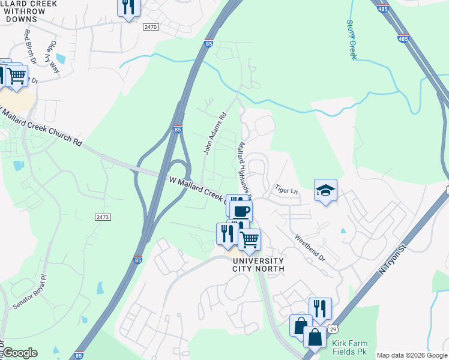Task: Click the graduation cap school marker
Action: click(x=325, y=191)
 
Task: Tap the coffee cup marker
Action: click(x=241, y=211)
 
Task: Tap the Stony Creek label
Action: click(x=351, y=40)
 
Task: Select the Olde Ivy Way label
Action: click(x=53, y=57)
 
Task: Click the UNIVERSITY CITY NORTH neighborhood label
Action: click(x=258, y=265)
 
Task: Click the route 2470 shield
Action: click(x=151, y=27)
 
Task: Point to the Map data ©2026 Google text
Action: click(x=411, y=355)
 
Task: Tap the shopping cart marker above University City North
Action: click(x=249, y=239)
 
